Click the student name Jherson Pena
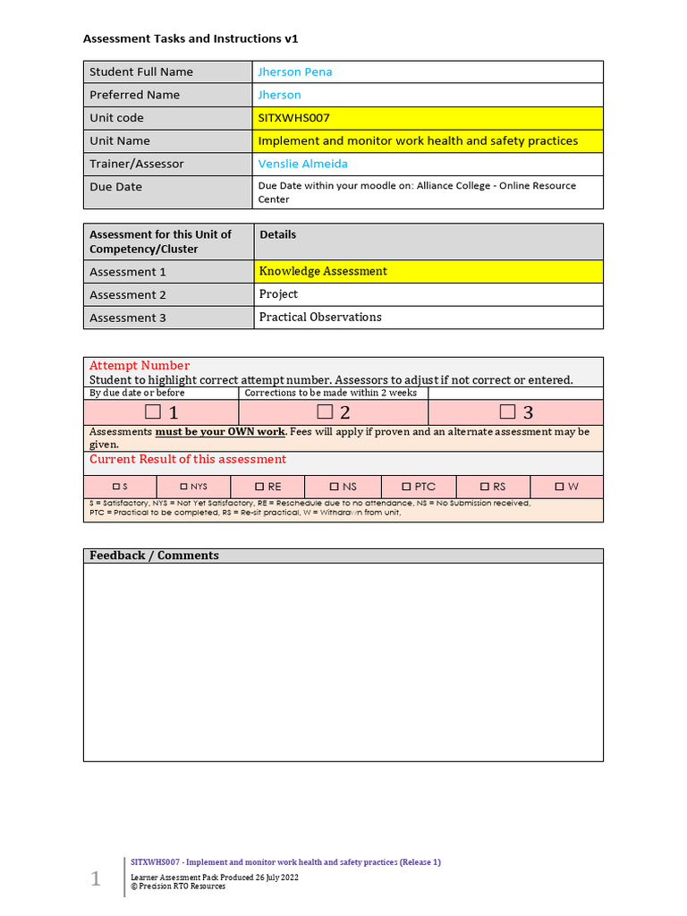[295, 72]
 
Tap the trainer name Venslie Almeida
[303, 164]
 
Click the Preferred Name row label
[134, 95]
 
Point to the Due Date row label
[115, 187]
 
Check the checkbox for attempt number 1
[153, 411]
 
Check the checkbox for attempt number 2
[325, 411]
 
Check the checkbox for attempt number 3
[507, 411]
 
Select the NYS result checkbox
[184, 487]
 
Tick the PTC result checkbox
[406, 487]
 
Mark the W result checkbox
[559, 487]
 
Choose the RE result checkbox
[259, 487]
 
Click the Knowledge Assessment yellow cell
[323, 271]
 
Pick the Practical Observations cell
[320, 317]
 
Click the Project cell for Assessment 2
[278, 294]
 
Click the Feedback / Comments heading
[154, 556]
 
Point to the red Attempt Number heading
[140, 365]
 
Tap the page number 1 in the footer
[96, 879]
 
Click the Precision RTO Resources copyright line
[178, 886]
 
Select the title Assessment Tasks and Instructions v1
[191, 38]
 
